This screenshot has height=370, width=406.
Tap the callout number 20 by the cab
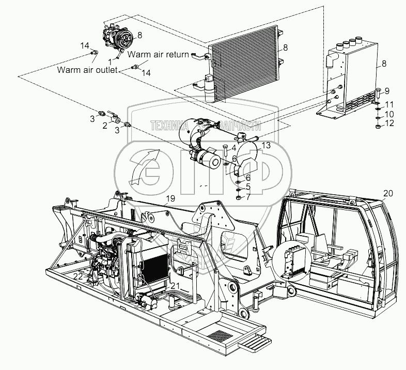388,193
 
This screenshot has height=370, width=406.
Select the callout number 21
176,286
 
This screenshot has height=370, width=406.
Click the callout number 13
266,146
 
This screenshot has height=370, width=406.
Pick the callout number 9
387,91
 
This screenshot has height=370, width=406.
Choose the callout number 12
389,123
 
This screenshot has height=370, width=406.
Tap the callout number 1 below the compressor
110,61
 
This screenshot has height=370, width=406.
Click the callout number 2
104,125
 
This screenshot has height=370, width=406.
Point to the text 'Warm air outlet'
87,70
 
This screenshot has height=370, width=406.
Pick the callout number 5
248,186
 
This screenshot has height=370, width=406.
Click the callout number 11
389,104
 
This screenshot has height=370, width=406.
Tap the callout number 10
389,113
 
